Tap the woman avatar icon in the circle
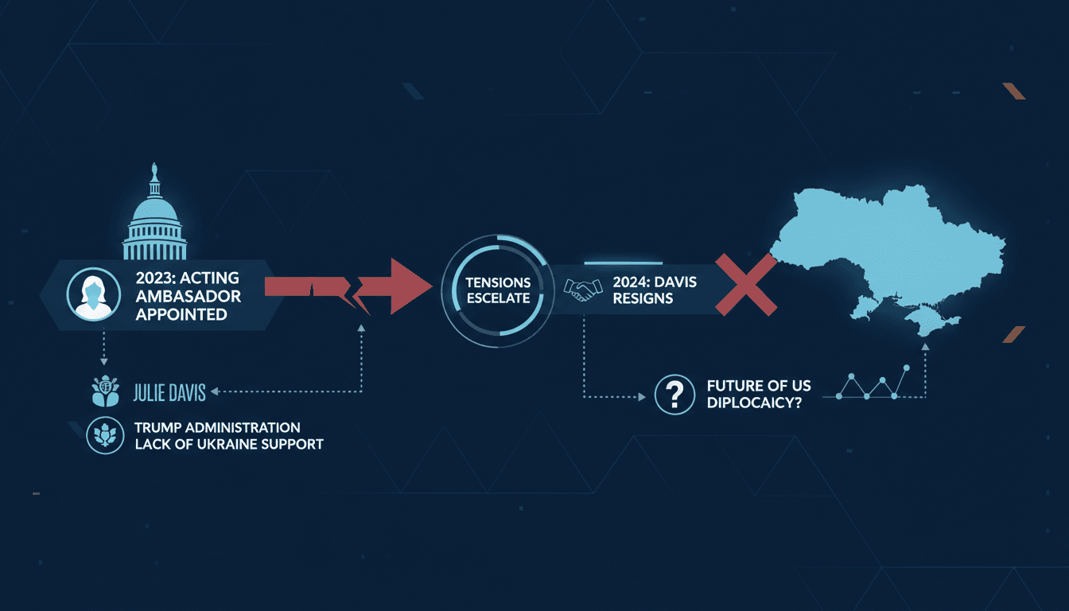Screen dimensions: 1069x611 coord(94,294)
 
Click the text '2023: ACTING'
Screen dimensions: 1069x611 coord(188,278)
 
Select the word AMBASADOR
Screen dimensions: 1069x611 coord(188,297)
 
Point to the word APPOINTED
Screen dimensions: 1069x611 coord(181,314)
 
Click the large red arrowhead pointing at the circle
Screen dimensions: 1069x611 coord(408,286)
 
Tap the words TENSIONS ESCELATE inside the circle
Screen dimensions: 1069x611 coord(498,290)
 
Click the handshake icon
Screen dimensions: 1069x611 coord(583,290)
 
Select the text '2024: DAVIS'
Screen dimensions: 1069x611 coord(655,282)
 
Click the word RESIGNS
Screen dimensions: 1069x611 coord(643,299)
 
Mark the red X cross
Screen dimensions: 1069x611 coord(746,285)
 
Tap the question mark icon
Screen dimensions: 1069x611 coord(674,395)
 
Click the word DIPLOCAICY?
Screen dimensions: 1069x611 coord(754,403)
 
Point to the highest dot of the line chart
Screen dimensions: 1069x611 coord(906,368)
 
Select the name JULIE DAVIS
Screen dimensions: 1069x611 coord(169,393)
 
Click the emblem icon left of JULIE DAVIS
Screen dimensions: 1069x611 coord(106,391)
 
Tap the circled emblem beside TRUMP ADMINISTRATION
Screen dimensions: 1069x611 coord(105,435)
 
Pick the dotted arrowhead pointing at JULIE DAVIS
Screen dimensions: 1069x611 coord(215,391)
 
